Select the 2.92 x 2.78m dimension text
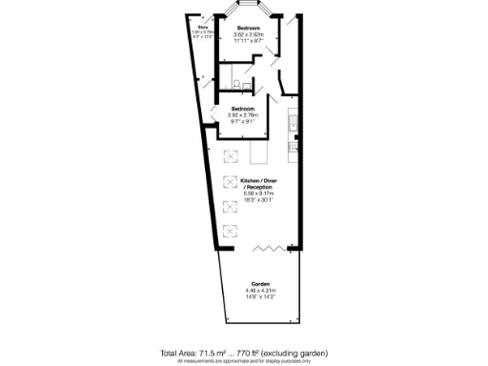[x=243, y=115]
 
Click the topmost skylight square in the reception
[x=230, y=156]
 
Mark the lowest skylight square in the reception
[x=230, y=254]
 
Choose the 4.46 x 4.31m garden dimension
[x=260, y=291]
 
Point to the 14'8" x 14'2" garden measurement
[x=260, y=297]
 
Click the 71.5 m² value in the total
[x=216, y=351]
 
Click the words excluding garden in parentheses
[x=298, y=351]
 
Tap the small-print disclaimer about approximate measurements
[x=244, y=360]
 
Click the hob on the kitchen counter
[x=295, y=123]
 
